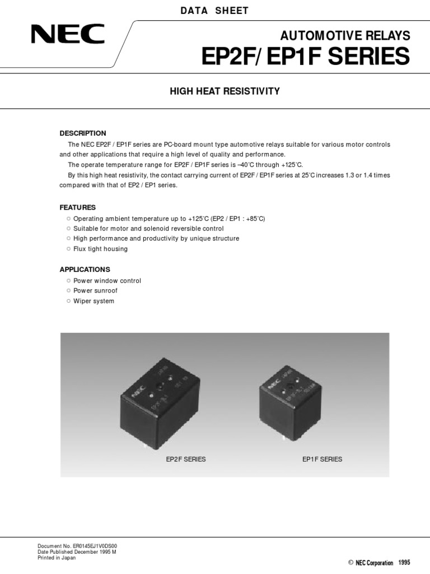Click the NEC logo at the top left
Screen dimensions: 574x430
coord(68,34)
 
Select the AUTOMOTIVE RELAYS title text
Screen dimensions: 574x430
coord(345,36)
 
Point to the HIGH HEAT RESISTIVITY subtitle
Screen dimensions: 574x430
coord(225,91)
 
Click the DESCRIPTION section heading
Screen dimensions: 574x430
coord(83,133)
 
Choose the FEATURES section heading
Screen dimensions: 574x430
coord(78,207)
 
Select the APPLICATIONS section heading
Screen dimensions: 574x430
coord(85,269)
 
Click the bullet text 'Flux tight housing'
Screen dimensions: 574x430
coord(101,249)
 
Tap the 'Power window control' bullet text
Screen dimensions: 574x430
coord(107,281)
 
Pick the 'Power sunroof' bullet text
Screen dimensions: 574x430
coord(96,291)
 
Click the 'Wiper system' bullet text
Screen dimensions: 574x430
coord(94,301)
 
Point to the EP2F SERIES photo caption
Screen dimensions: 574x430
coord(186,459)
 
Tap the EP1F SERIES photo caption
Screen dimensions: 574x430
coord(322,459)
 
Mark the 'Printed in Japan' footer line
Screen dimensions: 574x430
coord(57,558)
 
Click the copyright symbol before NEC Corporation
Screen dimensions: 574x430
coord(350,562)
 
